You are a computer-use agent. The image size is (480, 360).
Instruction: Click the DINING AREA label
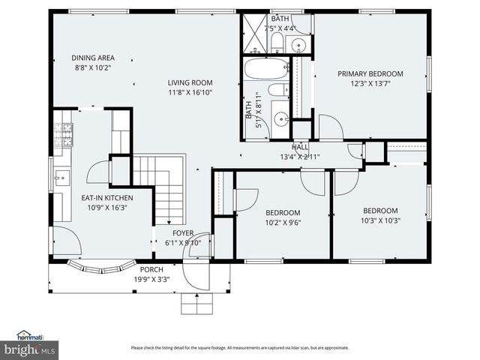[93, 58]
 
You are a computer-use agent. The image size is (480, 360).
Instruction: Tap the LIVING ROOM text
[190, 82]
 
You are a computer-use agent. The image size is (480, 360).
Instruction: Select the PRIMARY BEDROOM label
[370, 73]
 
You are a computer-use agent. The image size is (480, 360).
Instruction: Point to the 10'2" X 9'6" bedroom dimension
[283, 222]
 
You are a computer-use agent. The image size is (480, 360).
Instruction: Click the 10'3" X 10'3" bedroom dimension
[380, 220]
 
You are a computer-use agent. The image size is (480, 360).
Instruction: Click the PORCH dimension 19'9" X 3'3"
[151, 279]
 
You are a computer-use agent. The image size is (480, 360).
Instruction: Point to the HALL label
[300, 147]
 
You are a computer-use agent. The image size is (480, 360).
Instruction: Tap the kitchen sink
[61, 178]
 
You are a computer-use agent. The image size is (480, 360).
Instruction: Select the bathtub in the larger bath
[266, 68]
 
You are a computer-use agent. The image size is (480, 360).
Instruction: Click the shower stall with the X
[255, 34]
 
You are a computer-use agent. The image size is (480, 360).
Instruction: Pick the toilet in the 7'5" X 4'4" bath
[277, 40]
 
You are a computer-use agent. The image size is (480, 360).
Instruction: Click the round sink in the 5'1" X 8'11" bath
[280, 118]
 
